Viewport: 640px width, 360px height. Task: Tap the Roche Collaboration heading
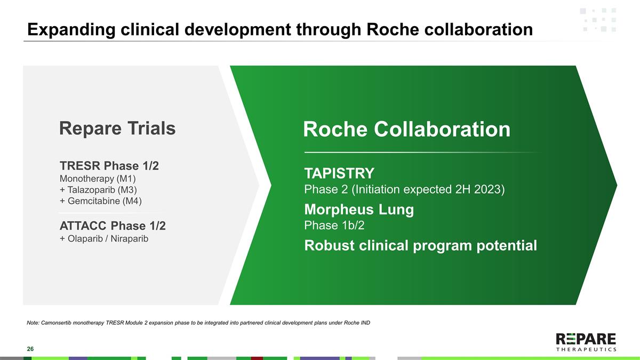406,130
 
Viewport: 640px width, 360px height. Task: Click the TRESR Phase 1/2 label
109,166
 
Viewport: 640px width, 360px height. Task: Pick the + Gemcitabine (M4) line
101,201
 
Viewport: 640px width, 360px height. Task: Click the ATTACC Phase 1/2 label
113,226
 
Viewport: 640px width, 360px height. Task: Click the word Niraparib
129,238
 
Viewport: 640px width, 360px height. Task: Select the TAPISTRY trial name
339,173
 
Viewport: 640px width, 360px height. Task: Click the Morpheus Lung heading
358,210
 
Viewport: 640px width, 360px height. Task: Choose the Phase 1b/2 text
334,226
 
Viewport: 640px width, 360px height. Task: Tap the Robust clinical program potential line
420,246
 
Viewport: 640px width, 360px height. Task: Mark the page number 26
30,349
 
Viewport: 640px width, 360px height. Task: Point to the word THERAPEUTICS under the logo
586,350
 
